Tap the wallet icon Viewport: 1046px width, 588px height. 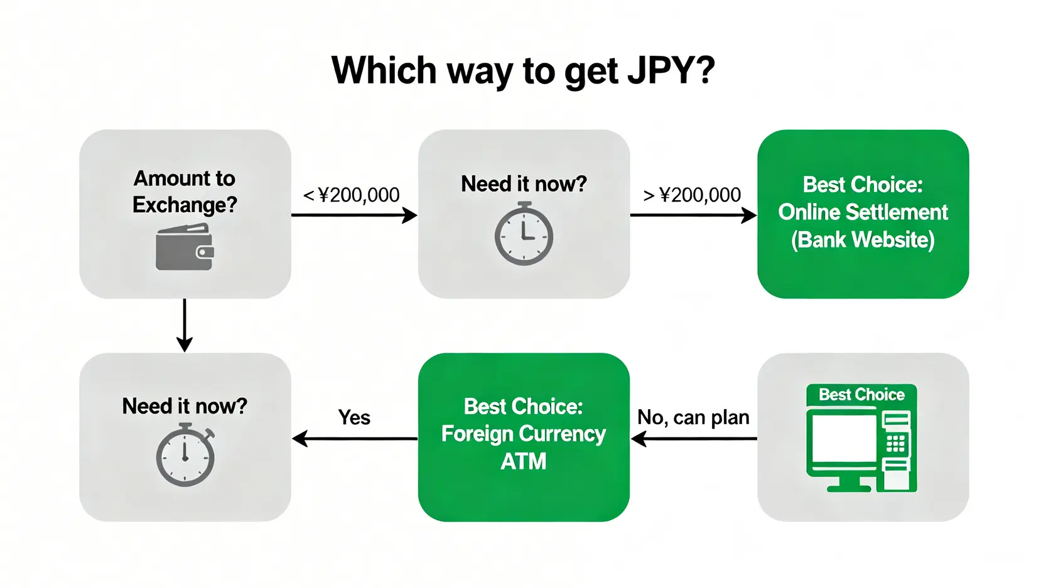(x=185, y=247)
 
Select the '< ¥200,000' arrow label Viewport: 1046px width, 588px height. (x=351, y=195)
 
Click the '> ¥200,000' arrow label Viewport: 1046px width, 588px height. (x=691, y=195)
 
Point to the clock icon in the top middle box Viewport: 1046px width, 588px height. (x=524, y=233)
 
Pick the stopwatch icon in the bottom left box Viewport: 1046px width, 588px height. (x=185, y=454)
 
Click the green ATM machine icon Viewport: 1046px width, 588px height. (x=861, y=438)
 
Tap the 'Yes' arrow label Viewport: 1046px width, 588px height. (x=354, y=417)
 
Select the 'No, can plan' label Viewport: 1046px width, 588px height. (x=693, y=417)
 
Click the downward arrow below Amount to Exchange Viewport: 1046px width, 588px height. (x=185, y=325)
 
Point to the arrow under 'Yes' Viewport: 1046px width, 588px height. (x=355, y=439)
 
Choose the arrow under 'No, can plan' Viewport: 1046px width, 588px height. (x=694, y=439)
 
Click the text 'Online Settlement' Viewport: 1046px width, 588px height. (x=863, y=212)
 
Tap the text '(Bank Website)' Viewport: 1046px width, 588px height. (x=863, y=239)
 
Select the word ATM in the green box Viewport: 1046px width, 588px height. (x=524, y=461)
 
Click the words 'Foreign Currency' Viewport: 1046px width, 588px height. (x=524, y=434)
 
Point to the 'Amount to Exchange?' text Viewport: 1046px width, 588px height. (x=185, y=191)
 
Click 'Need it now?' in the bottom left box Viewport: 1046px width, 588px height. (x=185, y=406)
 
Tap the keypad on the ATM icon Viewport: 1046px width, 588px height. (x=896, y=443)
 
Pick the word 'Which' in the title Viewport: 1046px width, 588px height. (x=384, y=70)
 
